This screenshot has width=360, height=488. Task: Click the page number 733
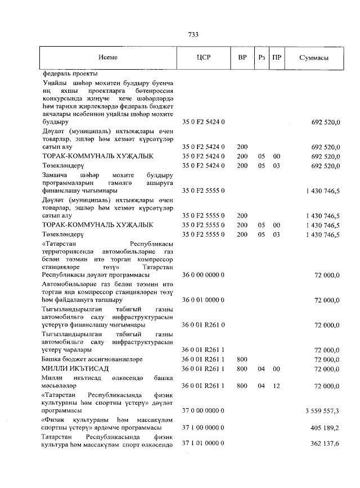pos(193,35)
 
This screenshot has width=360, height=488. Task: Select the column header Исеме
pos(107,58)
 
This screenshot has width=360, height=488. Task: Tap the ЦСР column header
pos(204,58)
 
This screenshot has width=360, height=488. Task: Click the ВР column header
pos(242,58)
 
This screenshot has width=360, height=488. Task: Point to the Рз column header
pos(261,58)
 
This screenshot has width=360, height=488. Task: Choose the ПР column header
pos(276,58)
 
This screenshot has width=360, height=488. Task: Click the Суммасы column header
pos(314,58)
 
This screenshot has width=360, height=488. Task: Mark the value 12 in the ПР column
pos(276,386)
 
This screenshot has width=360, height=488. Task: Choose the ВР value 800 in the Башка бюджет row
pos(242,359)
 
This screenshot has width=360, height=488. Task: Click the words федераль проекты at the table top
pos(70,74)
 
